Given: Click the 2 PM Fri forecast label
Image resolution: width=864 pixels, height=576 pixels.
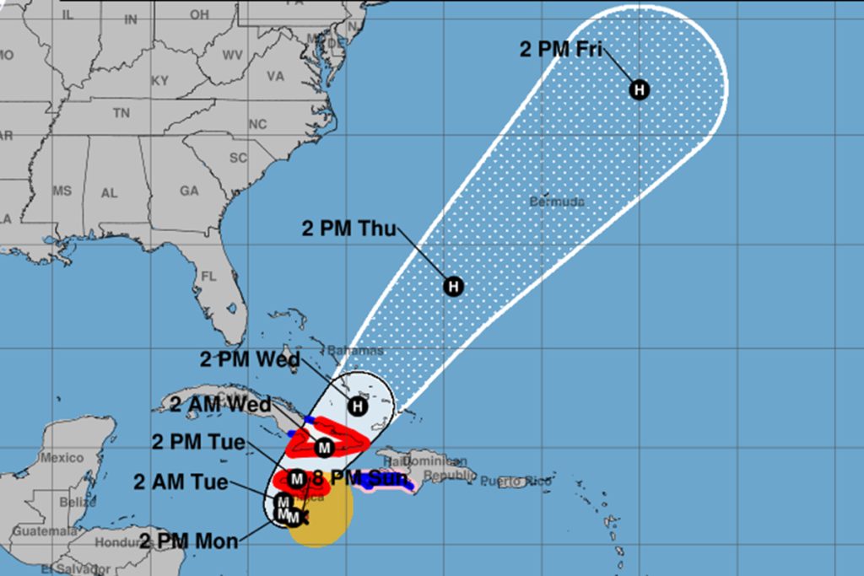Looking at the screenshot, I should click(x=560, y=49).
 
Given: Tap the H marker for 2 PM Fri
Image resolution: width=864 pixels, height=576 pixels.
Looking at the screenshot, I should click(x=640, y=89).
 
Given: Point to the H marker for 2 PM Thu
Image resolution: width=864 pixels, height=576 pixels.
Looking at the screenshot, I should click(x=454, y=287).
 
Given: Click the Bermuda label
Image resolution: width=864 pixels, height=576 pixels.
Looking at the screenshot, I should click(x=556, y=202).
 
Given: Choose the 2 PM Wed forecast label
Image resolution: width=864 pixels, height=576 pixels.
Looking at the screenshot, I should click(x=250, y=360).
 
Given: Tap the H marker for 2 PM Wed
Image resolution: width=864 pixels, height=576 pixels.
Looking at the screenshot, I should click(x=358, y=406).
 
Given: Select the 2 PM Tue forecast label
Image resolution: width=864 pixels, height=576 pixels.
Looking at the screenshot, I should click(x=199, y=442).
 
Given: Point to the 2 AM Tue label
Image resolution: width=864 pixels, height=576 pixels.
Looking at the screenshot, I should click(x=181, y=482).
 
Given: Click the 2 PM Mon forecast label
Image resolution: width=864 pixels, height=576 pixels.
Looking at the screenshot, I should click(x=189, y=541).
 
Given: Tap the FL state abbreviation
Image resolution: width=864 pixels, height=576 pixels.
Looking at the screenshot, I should click(x=209, y=277).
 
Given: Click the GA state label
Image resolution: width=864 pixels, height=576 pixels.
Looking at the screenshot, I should click(x=188, y=191).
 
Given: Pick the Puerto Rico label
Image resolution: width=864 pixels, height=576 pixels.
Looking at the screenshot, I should click(x=516, y=482).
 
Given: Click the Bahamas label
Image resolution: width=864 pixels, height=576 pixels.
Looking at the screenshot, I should click(x=355, y=350).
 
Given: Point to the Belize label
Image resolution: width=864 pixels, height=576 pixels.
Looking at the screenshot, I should click(x=73, y=502).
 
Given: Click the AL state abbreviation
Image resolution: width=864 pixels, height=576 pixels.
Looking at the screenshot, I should click(x=110, y=193).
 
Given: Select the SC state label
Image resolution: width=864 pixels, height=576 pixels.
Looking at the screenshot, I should click(x=238, y=158).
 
